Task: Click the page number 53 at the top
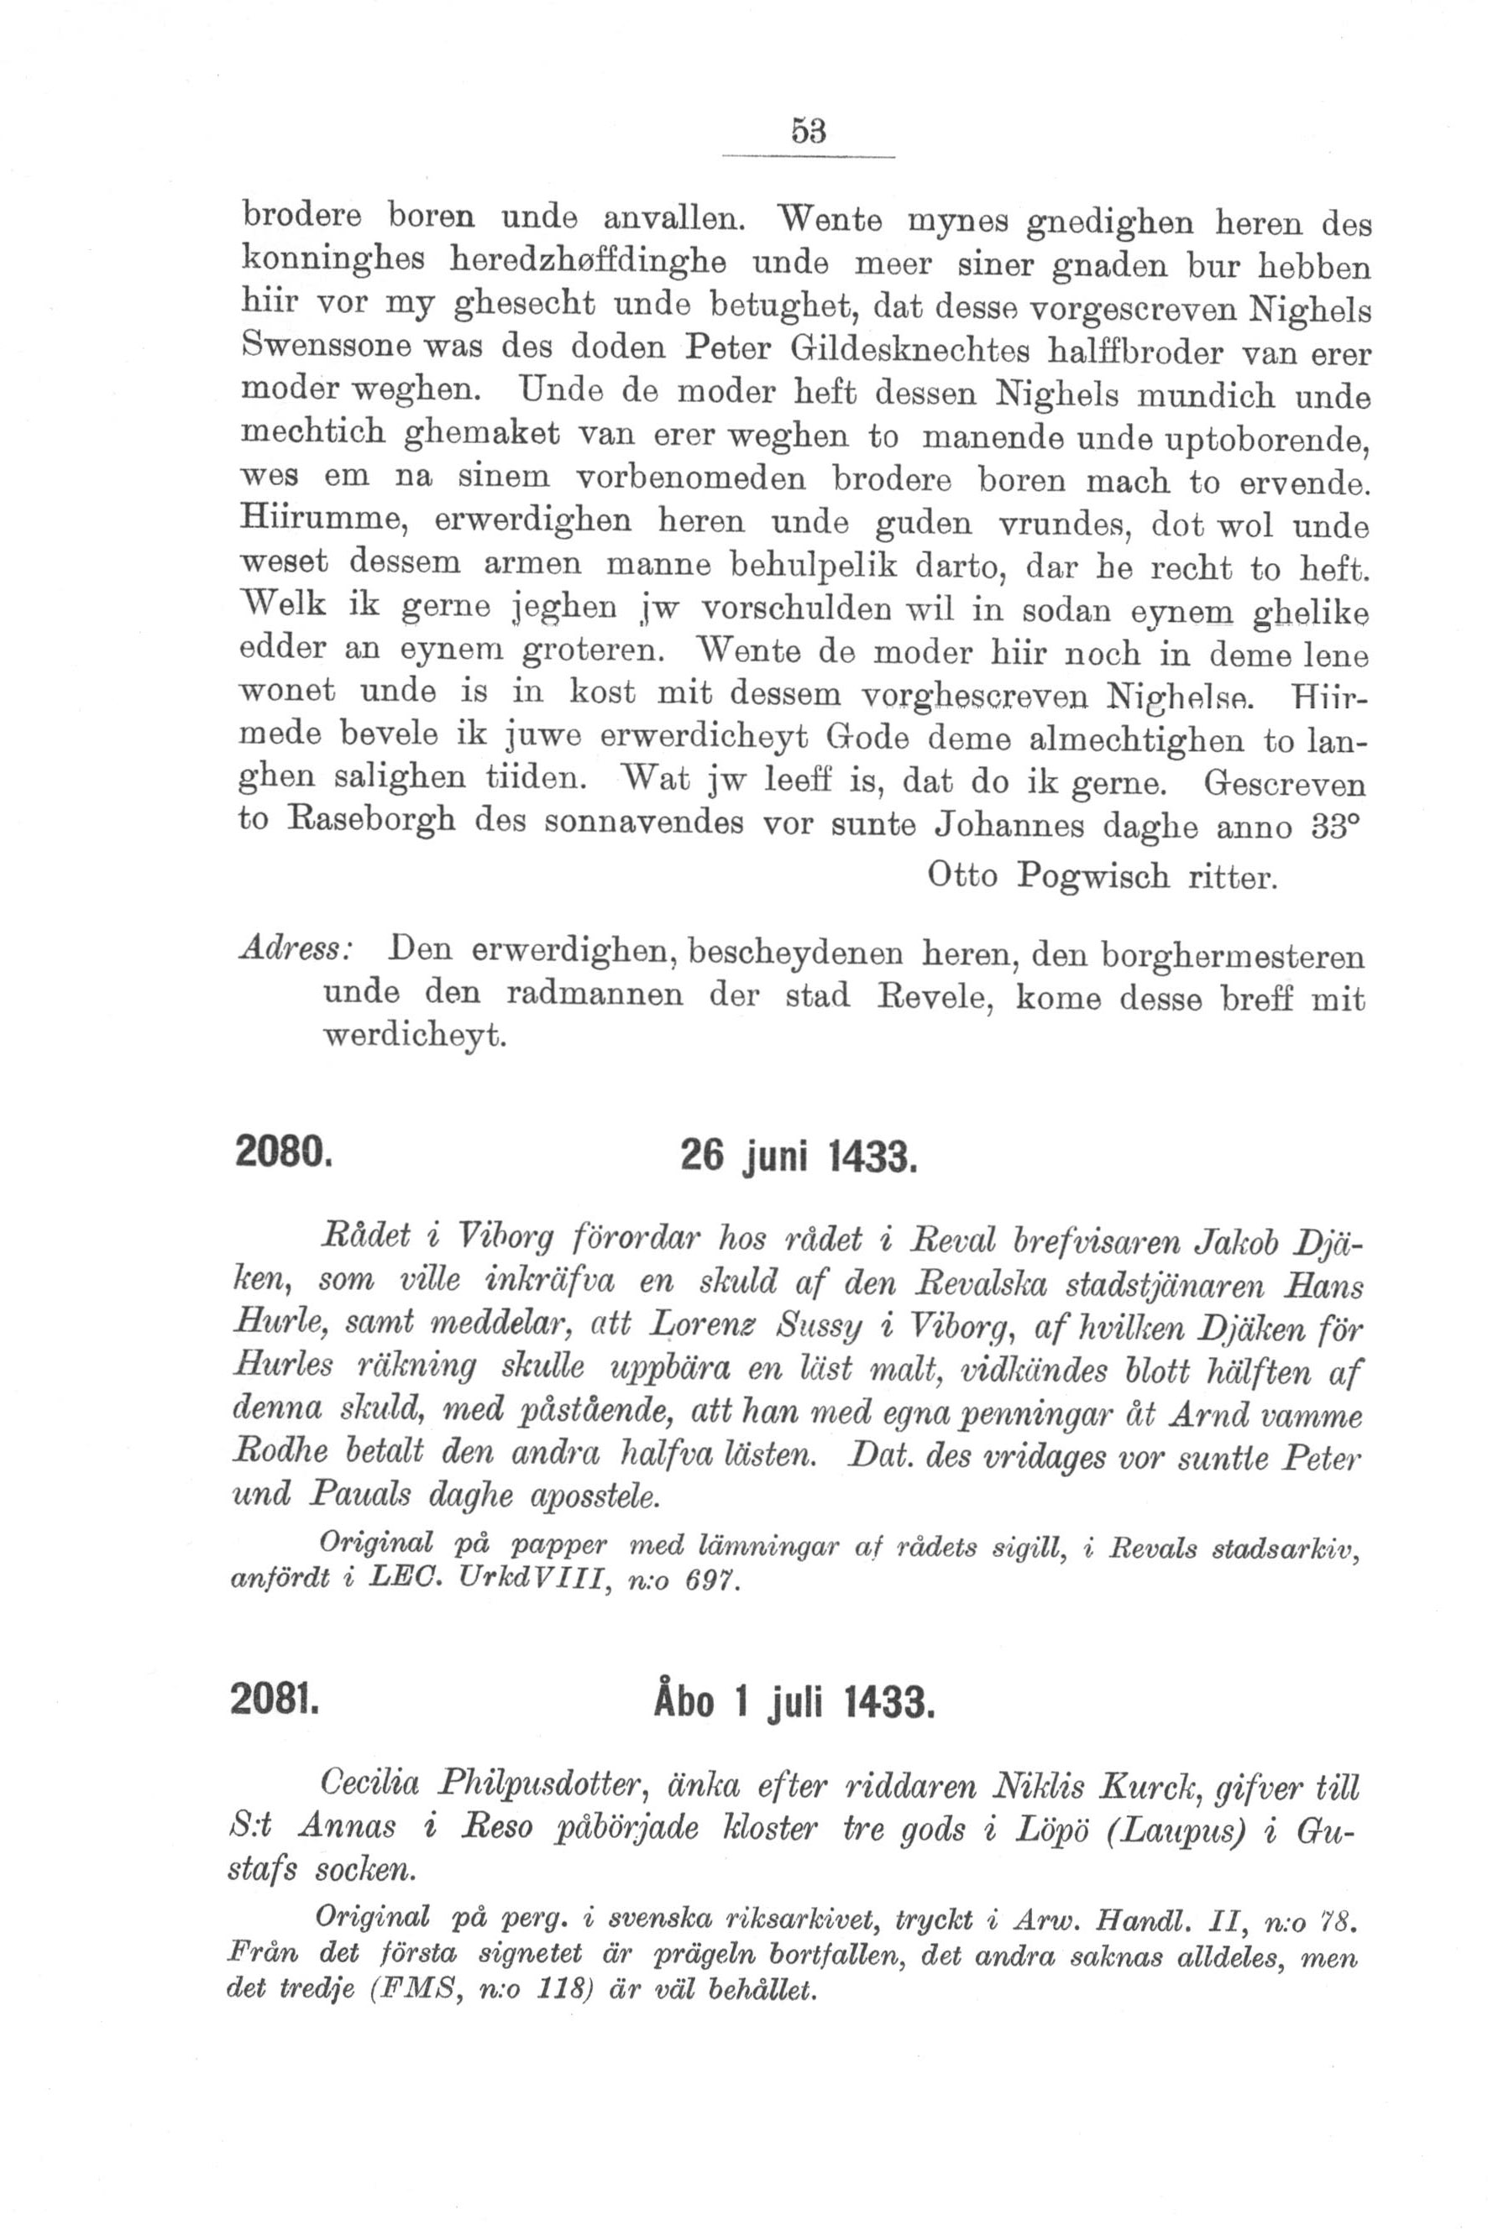[809, 131]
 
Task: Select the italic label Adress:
[296, 949]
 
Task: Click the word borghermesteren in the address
[1233, 954]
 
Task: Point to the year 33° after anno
[1335, 825]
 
